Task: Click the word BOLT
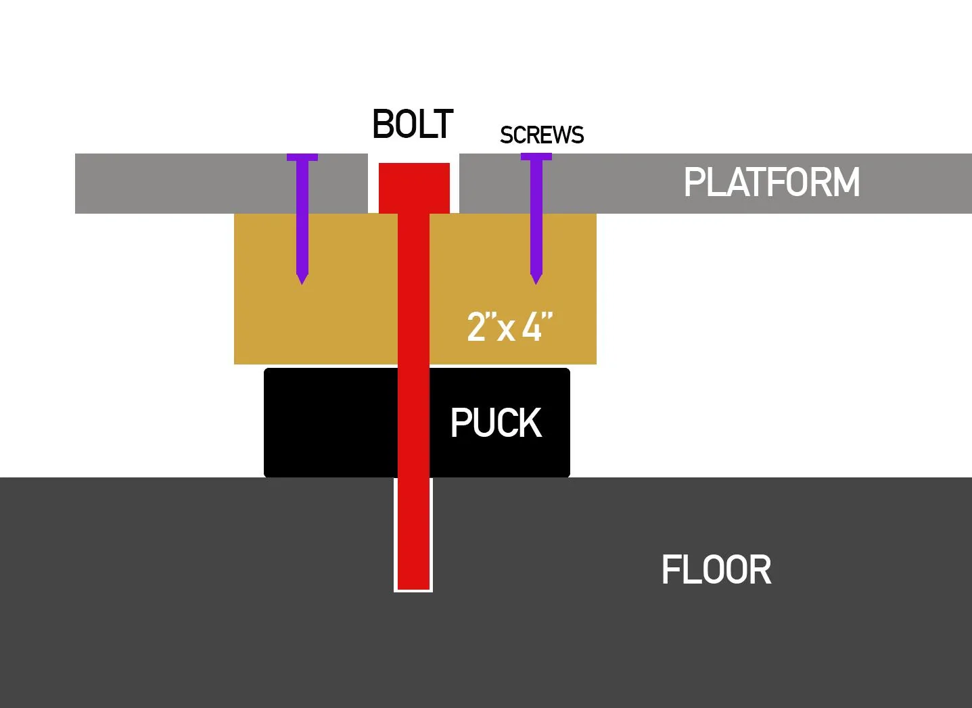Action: (x=413, y=124)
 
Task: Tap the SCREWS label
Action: (x=542, y=135)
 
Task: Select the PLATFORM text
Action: (x=772, y=182)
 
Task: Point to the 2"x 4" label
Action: (x=509, y=326)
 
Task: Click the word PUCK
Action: (x=496, y=422)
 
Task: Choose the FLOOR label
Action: (x=716, y=569)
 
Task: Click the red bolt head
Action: (x=414, y=188)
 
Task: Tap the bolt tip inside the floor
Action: (x=413, y=590)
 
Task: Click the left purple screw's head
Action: (x=302, y=157)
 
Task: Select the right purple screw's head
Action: (x=536, y=157)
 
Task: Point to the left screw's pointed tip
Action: (x=302, y=285)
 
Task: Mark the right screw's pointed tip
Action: (x=536, y=285)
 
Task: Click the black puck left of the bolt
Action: (x=331, y=423)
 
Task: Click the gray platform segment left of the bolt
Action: (x=221, y=183)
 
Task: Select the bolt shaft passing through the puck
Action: (x=413, y=423)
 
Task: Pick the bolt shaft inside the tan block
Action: (x=413, y=289)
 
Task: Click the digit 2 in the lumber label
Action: (x=476, y=326)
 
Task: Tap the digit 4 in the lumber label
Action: (x=532, y=326)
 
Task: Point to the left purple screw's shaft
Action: (x=302, y=217)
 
